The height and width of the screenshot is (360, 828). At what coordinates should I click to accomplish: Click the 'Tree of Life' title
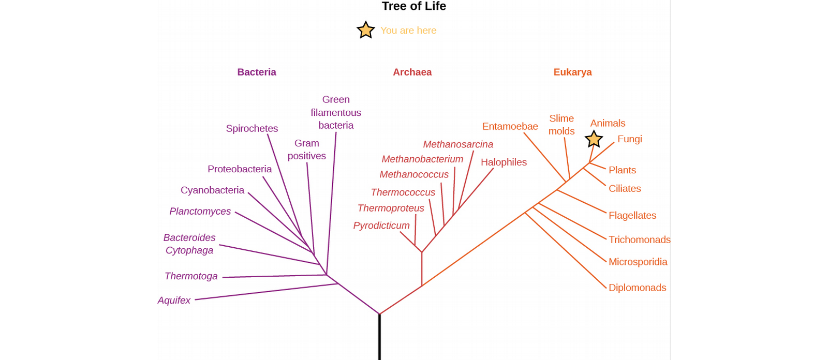coord(413,6)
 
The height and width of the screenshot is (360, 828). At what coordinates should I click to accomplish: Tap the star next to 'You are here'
coord(365,30)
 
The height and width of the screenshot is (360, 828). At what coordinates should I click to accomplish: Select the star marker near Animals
coord(594,139)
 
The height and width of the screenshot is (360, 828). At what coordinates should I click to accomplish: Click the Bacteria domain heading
coord(257,72)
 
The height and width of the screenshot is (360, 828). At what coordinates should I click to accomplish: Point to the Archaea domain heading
coord(412,72)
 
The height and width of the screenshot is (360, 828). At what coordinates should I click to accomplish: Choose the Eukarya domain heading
coord(572,72)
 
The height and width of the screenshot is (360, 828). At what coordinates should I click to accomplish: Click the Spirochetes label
coord(252,129)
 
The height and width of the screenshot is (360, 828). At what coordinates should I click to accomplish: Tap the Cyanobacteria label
coord(212,190)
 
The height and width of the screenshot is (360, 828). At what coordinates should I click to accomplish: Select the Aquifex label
coord(174,300)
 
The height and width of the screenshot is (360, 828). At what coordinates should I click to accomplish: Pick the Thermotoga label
coord(191,276)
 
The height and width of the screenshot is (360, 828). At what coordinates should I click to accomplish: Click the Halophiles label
coord(504,162)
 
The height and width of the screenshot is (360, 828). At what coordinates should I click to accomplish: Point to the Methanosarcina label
coord(458,144)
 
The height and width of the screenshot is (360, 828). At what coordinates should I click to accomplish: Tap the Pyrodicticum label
coord(381,226)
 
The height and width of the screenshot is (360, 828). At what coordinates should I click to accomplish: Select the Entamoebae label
coord(510,126)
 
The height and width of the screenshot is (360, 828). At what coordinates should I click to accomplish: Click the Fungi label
coord(630,139)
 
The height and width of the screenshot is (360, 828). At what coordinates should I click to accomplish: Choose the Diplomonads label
coord(637,288)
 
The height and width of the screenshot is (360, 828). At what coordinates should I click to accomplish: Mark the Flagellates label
coord(632,216)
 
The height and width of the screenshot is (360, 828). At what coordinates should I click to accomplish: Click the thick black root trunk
coord(380,337)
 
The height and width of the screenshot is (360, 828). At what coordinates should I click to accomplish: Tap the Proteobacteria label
coord(240,169)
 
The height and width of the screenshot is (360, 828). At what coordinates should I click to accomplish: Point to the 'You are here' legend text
coord(408,31)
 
